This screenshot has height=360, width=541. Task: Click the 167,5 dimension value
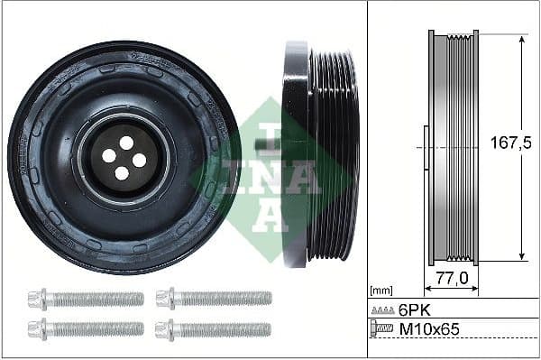click(505, 143)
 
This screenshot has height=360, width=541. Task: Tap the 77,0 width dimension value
click(452, 280)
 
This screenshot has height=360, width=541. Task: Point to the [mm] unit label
click(381, 291)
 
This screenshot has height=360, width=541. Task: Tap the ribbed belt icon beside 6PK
click(382, 309)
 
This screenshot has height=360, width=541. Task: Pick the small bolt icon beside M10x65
click(382, 330)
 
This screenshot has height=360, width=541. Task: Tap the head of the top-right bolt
click(163, 298)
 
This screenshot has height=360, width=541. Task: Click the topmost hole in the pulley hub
click(126, 143)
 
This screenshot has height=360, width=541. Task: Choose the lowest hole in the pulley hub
click(121, 172)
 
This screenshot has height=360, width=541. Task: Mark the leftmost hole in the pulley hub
click(109, 155)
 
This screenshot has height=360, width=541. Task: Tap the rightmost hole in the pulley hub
click(139, 160)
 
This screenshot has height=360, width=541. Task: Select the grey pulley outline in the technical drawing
click(454, 149)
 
